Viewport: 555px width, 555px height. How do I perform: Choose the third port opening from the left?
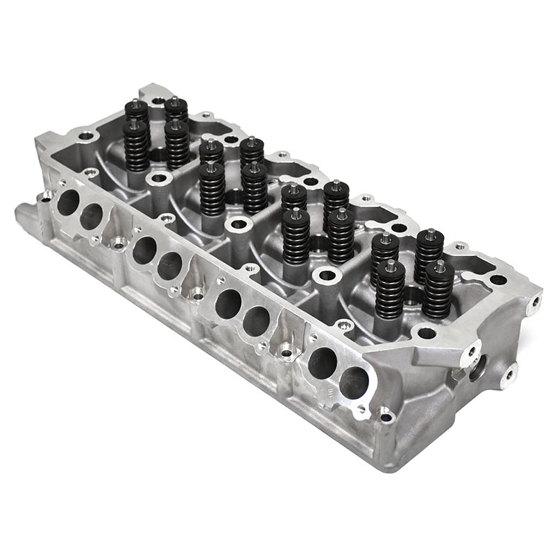click(144, 249)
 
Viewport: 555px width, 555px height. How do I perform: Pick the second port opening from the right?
click(322, 361)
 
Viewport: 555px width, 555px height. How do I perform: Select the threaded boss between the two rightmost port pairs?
click(287, 352)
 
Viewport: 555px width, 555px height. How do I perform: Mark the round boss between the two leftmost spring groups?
click(159, 179)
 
